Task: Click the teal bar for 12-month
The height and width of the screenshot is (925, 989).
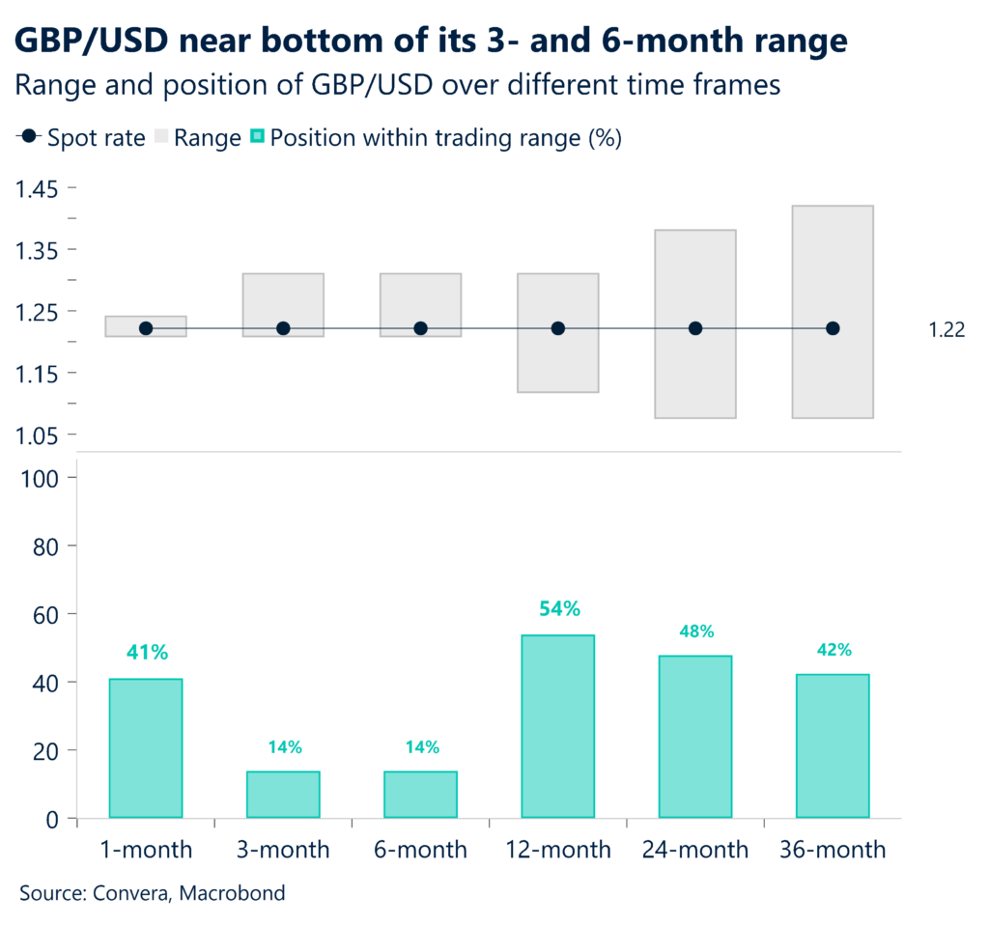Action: point(558,725)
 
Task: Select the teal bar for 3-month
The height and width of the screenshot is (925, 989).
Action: point(283,794)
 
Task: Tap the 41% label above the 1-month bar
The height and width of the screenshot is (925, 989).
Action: point(147,653)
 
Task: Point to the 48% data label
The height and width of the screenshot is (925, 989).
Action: point(695,631)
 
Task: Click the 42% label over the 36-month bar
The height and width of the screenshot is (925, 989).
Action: point(833,650)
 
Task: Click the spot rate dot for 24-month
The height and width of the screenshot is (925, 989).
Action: point(695,328)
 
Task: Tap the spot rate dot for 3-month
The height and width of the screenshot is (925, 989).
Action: point(283,328)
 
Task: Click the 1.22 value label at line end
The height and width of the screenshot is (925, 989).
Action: point(947,330)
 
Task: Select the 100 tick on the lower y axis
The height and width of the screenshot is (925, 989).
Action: point(42,478)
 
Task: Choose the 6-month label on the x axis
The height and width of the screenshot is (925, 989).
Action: point(420,850)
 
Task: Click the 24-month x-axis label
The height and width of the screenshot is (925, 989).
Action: point(695,850)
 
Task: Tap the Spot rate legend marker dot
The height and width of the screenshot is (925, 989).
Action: point(31,138)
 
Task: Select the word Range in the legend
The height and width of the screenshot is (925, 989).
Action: point(208,138)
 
